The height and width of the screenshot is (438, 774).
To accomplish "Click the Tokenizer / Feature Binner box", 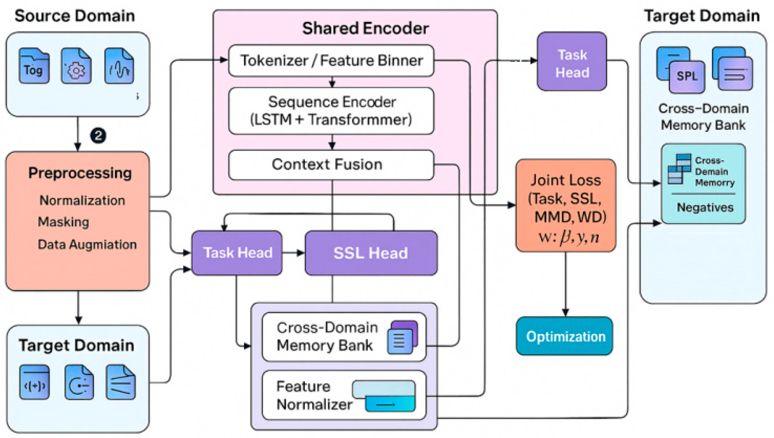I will point(331,61).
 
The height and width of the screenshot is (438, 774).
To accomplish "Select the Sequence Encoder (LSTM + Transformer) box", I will point(331,111).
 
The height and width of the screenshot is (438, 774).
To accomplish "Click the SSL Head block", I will point(371,253).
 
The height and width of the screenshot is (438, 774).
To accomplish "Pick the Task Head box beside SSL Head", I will point(237,253).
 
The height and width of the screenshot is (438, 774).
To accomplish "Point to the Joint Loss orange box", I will point(566,206).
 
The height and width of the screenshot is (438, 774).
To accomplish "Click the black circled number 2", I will point(98,135).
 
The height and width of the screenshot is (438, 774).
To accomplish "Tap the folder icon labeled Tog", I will point(34,66).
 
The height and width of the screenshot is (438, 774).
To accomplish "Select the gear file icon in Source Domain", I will point(76,66).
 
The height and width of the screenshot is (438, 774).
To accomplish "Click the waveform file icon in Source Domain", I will point(119,66).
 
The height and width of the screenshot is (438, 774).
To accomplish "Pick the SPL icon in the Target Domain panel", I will point(686,76).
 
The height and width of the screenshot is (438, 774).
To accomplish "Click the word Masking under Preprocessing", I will point(63,222).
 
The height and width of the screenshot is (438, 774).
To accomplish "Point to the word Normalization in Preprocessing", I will point(82,200).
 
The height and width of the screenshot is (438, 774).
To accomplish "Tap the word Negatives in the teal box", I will point(705,207).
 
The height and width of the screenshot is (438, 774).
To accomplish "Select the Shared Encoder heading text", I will point(365,28).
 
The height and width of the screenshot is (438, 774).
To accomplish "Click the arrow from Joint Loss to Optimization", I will point(565,284).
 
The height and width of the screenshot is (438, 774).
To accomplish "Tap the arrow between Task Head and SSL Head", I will point(293,253).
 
